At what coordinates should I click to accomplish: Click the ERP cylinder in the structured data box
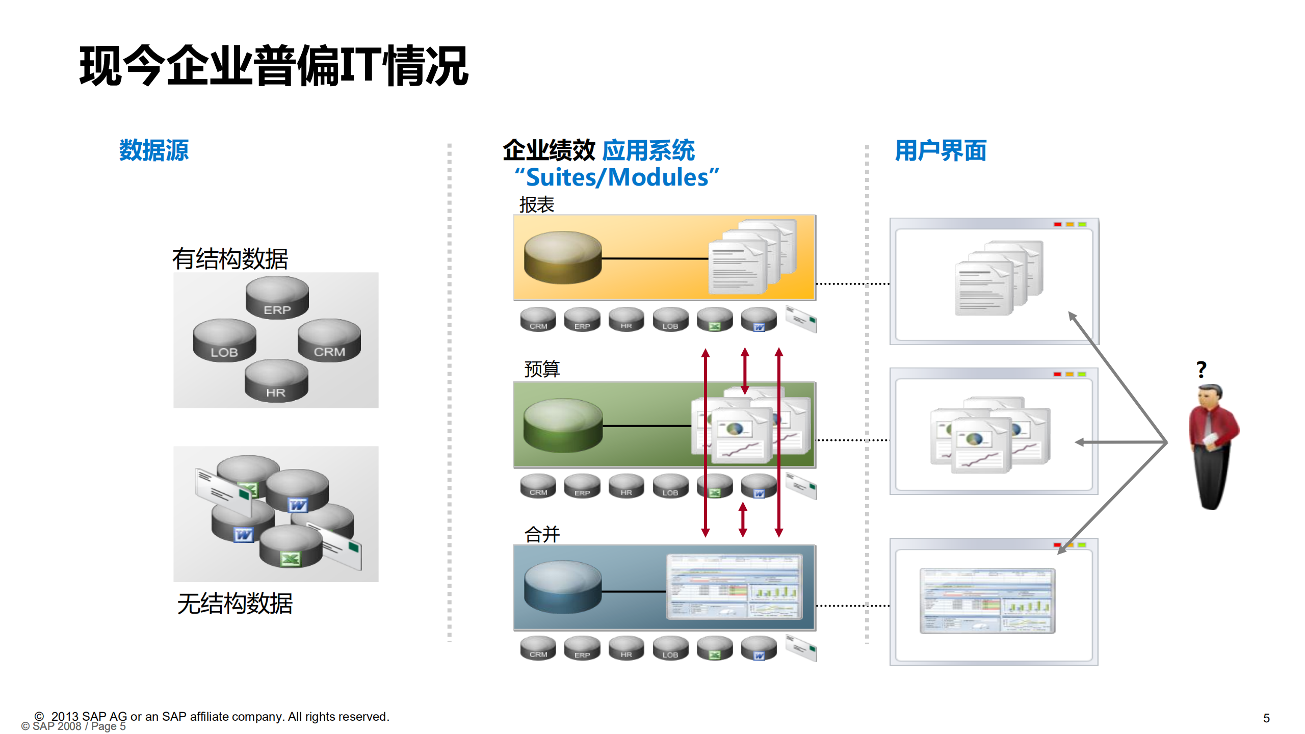tap(277, 298)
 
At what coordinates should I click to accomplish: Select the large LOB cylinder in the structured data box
tap(224, 340)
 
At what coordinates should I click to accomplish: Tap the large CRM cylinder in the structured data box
tap(329, 340)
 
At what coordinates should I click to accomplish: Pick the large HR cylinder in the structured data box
tap(276, 381)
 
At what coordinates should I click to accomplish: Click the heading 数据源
tap(153, 150)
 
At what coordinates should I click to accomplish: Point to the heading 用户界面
tap(941, 151)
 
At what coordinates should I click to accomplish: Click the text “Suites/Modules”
tap(616, 177)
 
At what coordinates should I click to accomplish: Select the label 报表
tap(536, 205)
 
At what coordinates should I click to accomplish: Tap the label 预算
tap(542, 369)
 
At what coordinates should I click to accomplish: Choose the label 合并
tap(542, 534)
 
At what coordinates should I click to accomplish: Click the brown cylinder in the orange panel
tap(563, 257)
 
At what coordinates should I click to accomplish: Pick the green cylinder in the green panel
tap(563, 425)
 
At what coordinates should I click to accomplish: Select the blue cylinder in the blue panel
tap(563, 587)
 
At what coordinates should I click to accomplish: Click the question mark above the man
tap(1201, 369)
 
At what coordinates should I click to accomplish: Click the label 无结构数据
tap(234, 604)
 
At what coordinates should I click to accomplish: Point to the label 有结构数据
tap(230, 259)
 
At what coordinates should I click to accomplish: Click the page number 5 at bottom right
tap(1266, 718)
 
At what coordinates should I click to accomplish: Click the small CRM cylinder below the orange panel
tap(538, 320)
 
